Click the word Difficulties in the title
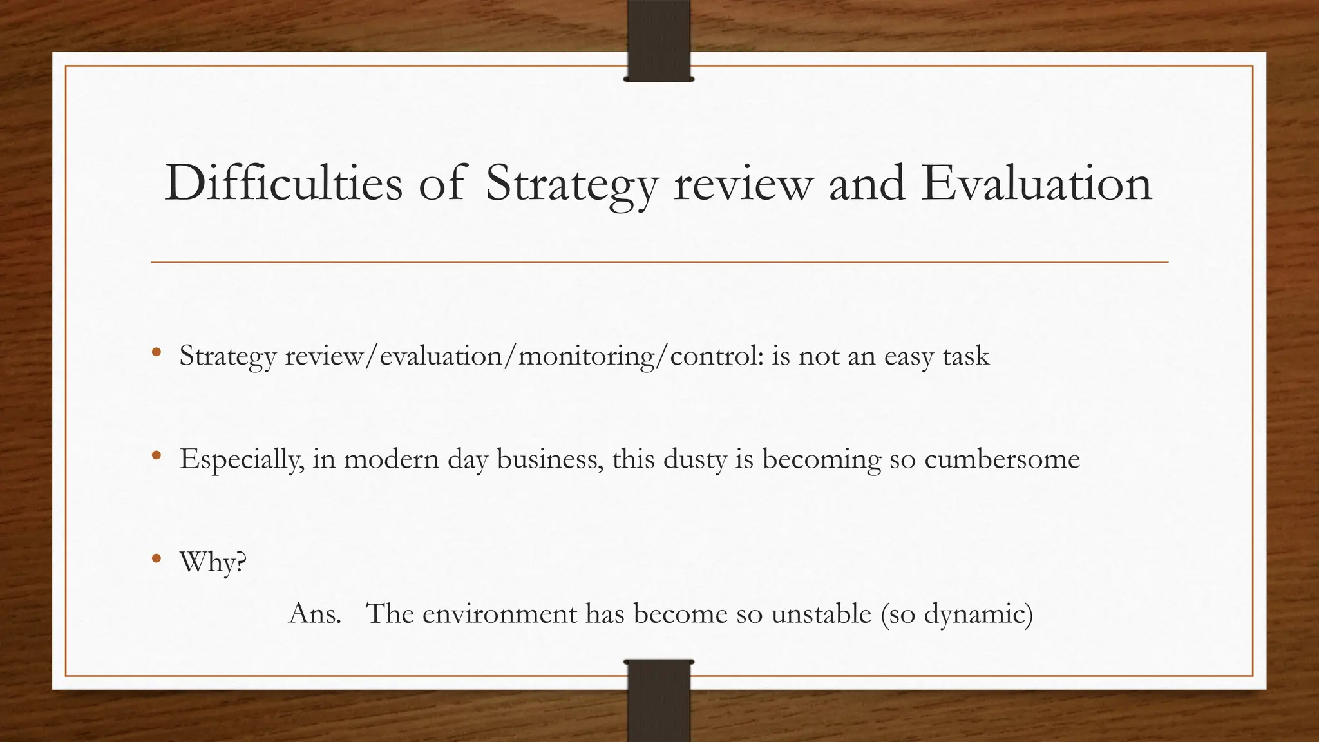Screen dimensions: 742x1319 (x=283, y=184)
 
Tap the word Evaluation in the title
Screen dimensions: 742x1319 (x=1036, y=184)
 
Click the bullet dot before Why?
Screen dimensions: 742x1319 (x=157, y=558)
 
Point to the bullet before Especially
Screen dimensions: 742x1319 (x=157, y=455)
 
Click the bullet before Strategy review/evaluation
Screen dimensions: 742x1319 (x=157, y=352)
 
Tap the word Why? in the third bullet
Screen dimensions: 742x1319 (x=213, y=562)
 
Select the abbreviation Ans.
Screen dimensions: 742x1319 (x=315, y=613)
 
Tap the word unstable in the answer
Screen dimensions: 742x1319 (x=821, y=613)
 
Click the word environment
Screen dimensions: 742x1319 (x=500, y=613)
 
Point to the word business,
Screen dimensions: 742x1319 (x=550, y=459)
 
